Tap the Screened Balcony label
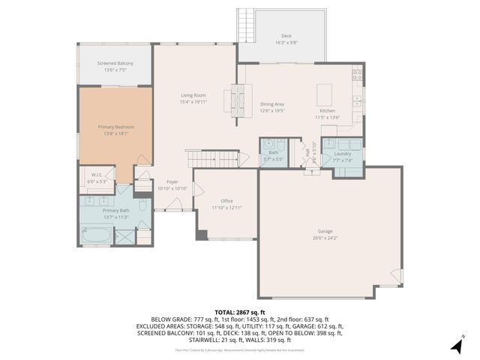tap(115, 63)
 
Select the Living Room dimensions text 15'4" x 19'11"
tap(193, 102)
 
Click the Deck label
tap(286, 35)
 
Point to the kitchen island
tap(324, 94)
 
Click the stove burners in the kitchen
tap(357, 74)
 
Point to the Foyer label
tap(172, 182)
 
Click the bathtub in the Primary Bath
tap(96, 236)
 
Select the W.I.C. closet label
tap(97, 177)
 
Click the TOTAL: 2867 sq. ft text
tap(239, 311)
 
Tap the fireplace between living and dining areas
tap(238, 96)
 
